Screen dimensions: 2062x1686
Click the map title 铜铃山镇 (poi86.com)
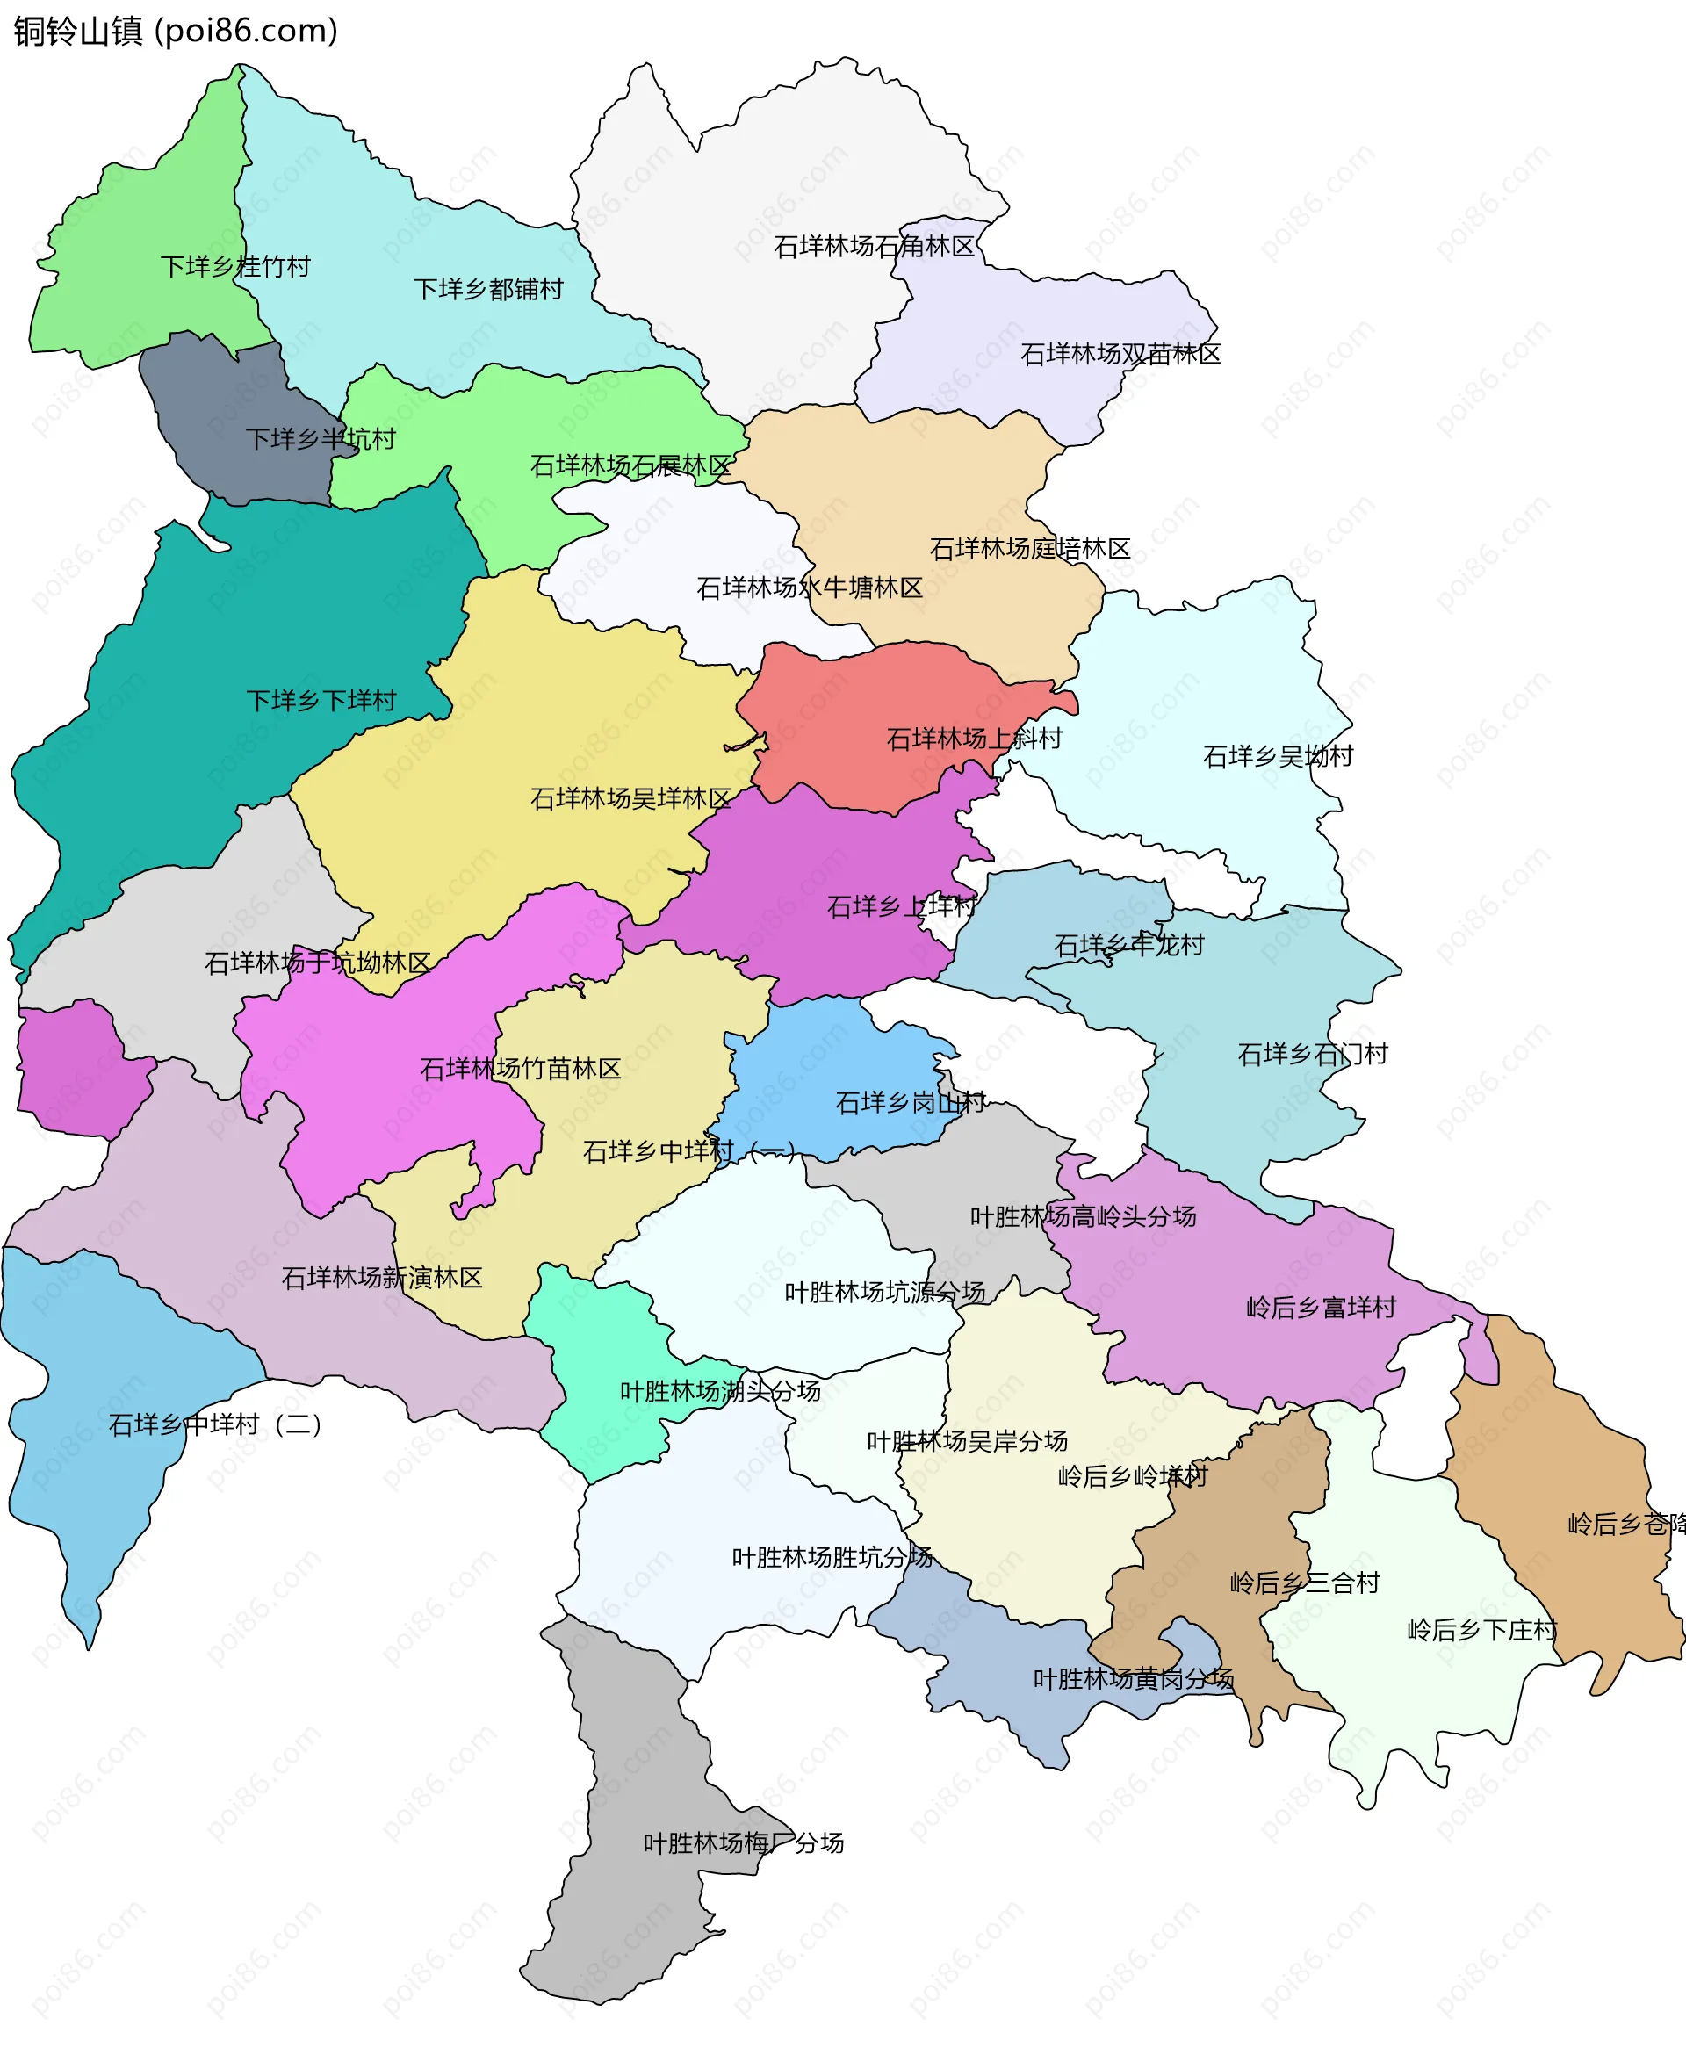(176, 31)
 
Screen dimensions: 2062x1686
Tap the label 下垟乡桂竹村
(235, 266)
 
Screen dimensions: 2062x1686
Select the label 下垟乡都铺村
(488, 290)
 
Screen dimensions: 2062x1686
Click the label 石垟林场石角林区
(874, 247)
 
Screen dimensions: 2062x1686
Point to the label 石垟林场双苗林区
(1120, 355)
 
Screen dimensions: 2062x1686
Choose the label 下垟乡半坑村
(321, 439)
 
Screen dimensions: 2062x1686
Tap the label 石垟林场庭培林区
(1030, 550)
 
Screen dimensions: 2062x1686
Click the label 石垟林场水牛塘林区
(810, 588)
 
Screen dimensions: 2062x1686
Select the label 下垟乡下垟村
(321, 702)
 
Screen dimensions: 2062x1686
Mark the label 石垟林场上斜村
(974, 739)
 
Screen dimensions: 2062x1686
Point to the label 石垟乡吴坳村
(1278, 757)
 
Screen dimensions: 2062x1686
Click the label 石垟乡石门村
(1313, 1055)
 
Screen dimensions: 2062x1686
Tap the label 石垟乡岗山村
(911, 1103)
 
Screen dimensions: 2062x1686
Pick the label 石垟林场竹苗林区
(521, 1070)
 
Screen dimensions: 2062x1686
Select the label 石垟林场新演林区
(382, 1278)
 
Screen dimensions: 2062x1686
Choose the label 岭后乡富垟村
(1321, 1309)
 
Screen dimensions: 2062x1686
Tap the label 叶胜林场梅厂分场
(744, 1843)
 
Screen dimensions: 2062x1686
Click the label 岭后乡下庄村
(1482, 1630)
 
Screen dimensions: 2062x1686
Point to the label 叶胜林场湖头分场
(721, 1392)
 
